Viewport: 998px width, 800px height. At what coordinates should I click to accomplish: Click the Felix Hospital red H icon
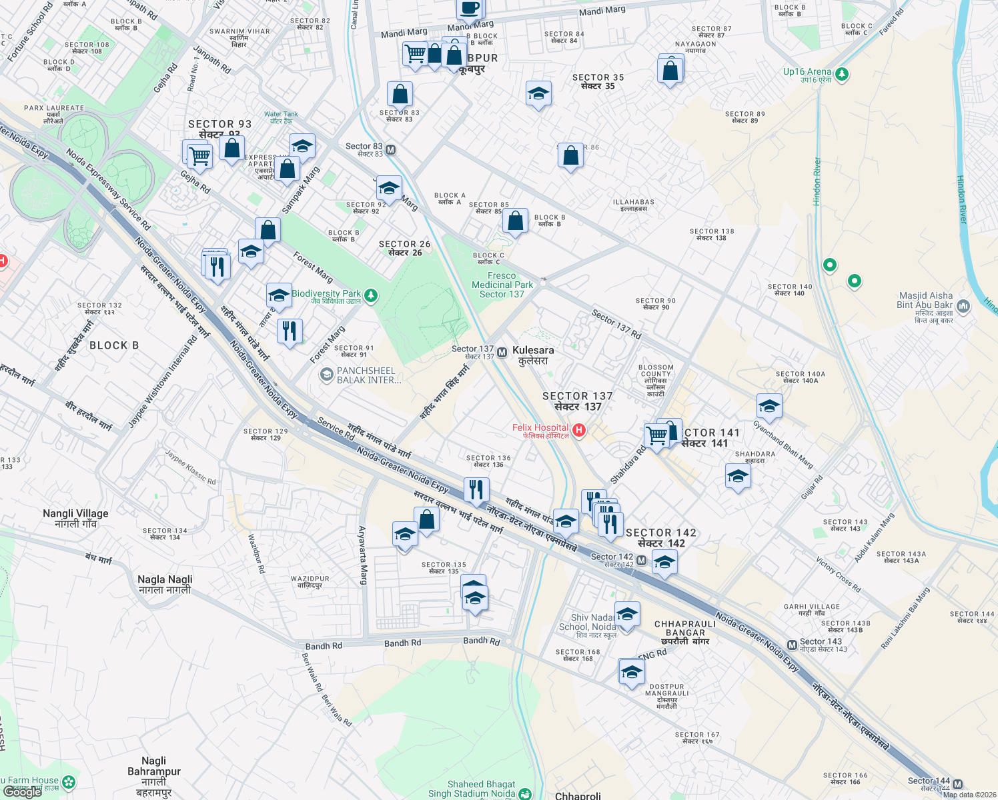click(x=579, y=431)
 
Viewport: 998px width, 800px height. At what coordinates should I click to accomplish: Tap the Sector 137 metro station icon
click(x=502, y=352)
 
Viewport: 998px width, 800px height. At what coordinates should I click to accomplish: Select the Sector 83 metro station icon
click(x=391, y=150)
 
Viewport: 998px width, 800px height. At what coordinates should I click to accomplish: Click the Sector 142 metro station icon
click(x=641, y=561)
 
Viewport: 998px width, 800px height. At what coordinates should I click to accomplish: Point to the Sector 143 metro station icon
click(x=792, y=645)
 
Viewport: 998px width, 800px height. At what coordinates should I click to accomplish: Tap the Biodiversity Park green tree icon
click(x=372, y=295)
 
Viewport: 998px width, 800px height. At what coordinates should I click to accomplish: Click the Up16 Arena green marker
click(x=842, y=73)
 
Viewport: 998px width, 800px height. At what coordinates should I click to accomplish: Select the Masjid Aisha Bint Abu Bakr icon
click(x=963, y=307)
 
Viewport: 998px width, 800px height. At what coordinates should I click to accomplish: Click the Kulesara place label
click(x=533, y=355)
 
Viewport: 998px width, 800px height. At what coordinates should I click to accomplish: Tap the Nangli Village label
click(x=75, y=518)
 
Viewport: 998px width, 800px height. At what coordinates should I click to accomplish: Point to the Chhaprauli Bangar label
click(x=685, y=633)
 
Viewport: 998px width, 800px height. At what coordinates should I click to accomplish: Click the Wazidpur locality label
click(x=310, y=582)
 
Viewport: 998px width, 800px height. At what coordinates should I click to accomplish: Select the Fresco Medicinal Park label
click(x=502, y=285)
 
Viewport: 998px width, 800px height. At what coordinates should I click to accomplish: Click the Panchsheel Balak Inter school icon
click(x=326, y=375)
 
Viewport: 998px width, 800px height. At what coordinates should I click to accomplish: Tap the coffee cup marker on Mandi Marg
click(x=470, y=8)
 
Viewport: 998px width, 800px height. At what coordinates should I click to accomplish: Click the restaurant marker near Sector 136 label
click(x=476, y=490)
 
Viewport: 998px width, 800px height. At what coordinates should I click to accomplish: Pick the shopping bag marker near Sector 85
click(x=515, y=221)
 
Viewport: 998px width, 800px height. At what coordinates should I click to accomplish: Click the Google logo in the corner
click(x=23, y=792)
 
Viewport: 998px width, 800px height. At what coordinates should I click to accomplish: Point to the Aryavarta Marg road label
click(x=363, y=555)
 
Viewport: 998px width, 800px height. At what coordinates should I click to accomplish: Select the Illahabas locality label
click(x=634, y=205)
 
